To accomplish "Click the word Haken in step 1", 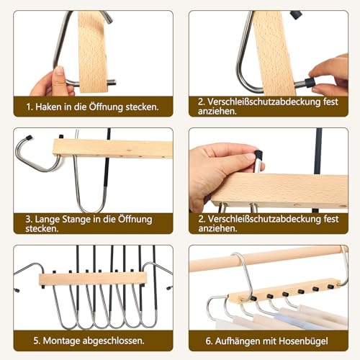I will point(49,107).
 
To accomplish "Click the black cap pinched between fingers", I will point(310,83).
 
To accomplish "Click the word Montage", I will point(59,341).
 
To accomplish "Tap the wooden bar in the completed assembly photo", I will point(94,278).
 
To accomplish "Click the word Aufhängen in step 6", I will point(231,341).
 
